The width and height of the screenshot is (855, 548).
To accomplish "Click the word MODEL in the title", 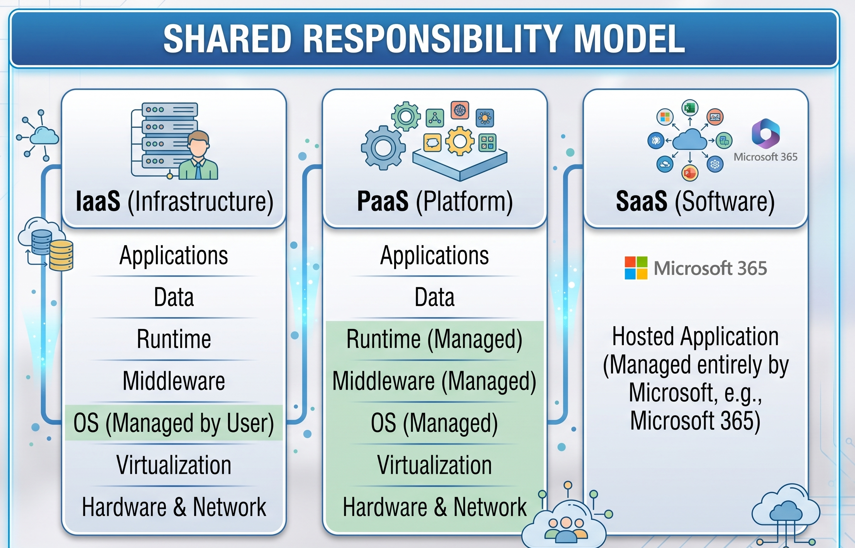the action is point(629,39).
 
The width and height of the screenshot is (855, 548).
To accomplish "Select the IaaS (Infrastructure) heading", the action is point(174,202).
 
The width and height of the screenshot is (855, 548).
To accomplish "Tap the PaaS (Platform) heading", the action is point(435,202).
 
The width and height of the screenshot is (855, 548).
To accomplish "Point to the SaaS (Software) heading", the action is point(695,202).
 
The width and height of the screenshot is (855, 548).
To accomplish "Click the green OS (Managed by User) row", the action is point(174,423).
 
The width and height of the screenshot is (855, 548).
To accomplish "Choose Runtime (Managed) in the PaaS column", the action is point(434,339).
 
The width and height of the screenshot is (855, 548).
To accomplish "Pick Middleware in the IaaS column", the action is point(174,381).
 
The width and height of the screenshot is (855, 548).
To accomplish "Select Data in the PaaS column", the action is point(435,297).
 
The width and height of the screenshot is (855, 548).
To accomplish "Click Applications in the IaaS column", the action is point(174,256).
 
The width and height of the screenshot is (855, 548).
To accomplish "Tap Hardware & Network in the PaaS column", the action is point(435,507).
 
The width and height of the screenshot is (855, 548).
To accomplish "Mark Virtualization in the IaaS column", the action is point(174,465).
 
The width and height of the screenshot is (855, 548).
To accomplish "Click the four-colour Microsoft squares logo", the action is point(636,268).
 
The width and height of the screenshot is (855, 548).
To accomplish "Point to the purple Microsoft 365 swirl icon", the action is point(766,134).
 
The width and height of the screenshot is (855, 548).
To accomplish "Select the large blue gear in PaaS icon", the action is point(383,148).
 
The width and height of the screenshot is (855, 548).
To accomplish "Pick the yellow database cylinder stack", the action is point(61,255).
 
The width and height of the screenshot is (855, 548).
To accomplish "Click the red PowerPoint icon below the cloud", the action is point(690,173).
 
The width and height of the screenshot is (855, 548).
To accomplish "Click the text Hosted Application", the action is point(695,336).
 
